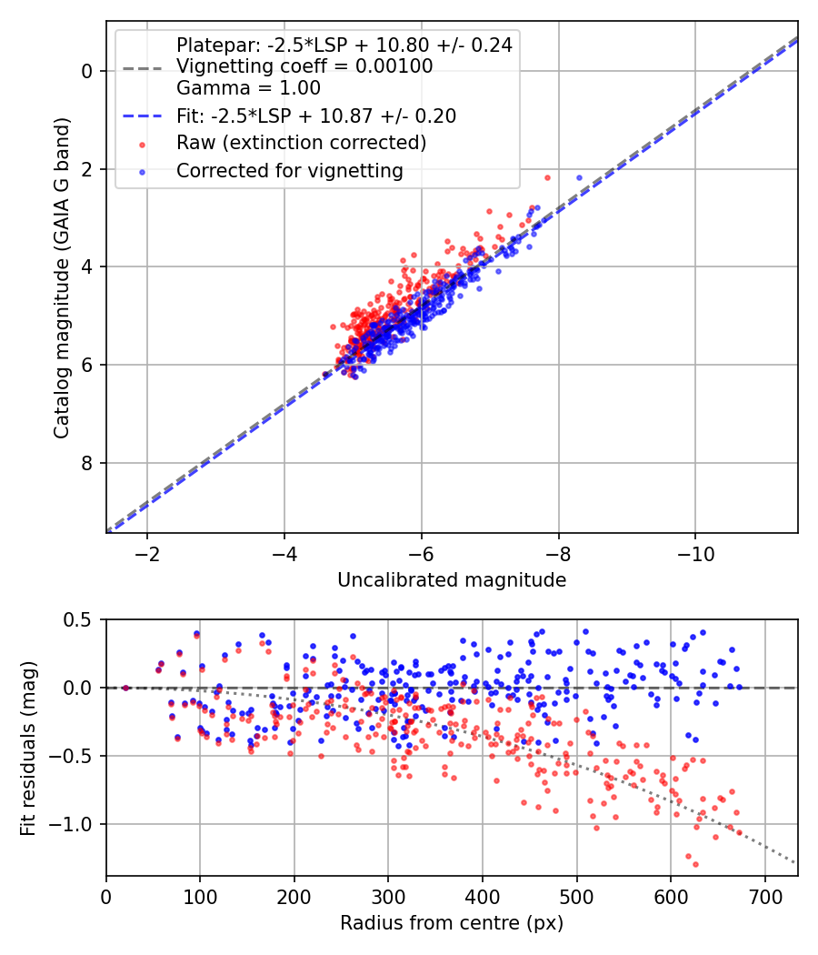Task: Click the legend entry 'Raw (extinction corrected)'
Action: pos(301,143)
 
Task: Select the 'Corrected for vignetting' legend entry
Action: pos(290,170)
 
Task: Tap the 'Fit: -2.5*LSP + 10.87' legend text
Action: pos(316,116)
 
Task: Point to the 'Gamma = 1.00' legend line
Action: pos(248,88)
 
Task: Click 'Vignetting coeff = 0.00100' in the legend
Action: pos(304,66)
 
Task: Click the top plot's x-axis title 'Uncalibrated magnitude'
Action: pos(452,580)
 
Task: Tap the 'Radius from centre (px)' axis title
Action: pos(452,923)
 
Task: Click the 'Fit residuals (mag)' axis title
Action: pos(28,748)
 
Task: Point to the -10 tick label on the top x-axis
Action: pos(695,554)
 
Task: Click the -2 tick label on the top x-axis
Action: pos(147,554)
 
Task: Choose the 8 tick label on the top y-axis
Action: pos(87,464)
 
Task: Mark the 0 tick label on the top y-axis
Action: pos(87,71)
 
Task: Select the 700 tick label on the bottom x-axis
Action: pos(764,898)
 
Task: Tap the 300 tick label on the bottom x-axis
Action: pos(388,898)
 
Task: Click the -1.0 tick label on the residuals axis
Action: pos(75,825)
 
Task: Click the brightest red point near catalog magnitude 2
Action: pos(547,177)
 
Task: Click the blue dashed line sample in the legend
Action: pos(142,116)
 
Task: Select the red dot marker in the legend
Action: pos(142,144)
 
